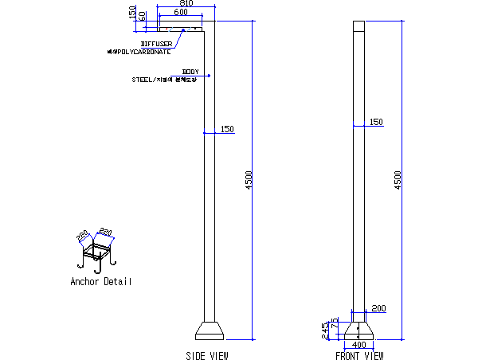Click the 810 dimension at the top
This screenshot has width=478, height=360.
[185, 4]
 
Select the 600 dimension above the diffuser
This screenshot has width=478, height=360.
[180, 13]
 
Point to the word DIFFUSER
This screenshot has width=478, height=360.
[156, 44]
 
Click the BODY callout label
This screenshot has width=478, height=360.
[190, 72]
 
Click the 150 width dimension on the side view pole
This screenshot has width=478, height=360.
[227, 129]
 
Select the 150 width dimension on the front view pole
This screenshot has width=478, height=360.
[376, 122]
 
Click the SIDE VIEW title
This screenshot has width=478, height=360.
[206, 355]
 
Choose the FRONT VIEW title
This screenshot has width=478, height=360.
[359, 355]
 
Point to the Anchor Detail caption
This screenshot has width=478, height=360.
[101, 282]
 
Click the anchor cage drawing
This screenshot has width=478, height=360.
[97, 253]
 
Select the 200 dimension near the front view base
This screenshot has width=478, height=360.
[378, 308]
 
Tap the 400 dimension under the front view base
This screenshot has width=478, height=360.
[358, 344]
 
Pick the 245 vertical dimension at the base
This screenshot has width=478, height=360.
[324, 331]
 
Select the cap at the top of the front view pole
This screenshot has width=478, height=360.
[358, 25]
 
